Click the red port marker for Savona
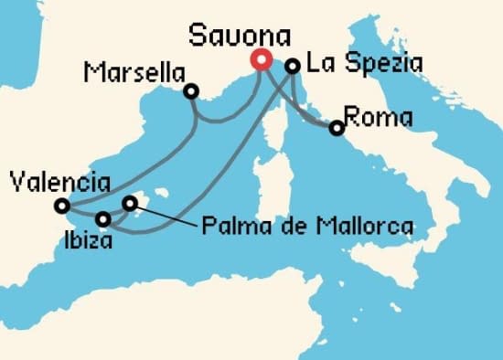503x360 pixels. point(261,60)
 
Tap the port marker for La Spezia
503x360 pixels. point(293,66)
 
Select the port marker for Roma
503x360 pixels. point(337,128)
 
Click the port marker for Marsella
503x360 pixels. point(190,91)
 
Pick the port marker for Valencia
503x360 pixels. point(61,205)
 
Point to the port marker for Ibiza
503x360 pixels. point(103,219)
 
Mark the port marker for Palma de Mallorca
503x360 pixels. point(130,203)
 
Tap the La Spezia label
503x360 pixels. point(352,64)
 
